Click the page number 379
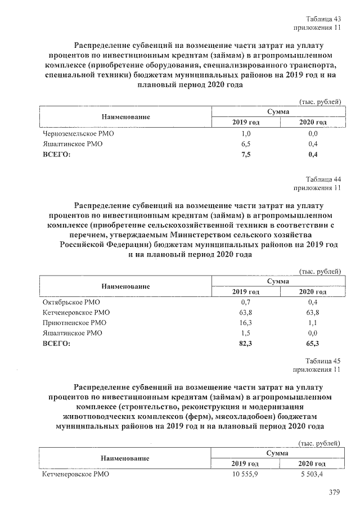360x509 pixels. (x=335, y=493)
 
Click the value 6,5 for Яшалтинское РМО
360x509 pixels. (x=245, y=144)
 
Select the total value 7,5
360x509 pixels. (x=245, y=154)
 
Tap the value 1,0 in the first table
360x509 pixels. (x=245, y=134)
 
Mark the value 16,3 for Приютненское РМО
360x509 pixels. (x=246, y=323)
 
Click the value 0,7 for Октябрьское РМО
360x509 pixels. (x=245, y=303)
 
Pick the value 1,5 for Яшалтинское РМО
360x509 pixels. (x=245, y=333)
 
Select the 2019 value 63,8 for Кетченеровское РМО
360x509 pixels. (x=245, y=313)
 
